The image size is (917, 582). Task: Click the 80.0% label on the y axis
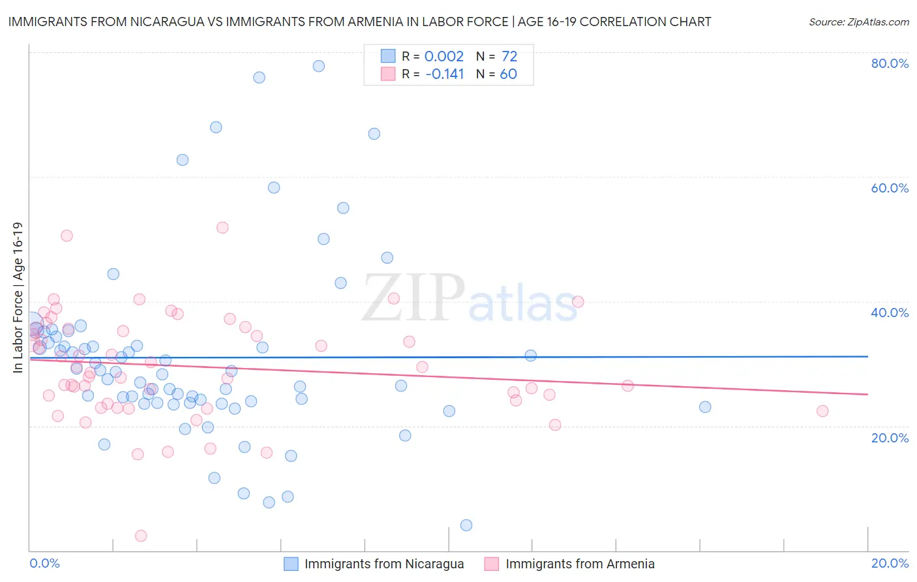890,63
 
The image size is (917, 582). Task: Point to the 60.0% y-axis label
890,188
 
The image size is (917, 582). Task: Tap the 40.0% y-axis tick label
890,313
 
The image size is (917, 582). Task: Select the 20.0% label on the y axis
890,437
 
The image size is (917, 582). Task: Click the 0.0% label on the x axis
44,563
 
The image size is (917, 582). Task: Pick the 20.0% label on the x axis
890,563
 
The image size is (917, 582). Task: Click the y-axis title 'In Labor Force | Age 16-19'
18,298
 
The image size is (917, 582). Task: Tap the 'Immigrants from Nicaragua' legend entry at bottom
383,564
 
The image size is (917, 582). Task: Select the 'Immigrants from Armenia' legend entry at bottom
579,564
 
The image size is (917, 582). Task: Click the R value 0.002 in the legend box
443,57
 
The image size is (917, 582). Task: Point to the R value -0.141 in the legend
444,74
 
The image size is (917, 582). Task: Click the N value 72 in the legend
509,57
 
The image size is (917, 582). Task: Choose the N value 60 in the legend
508,74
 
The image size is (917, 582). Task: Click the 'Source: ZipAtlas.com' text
858,22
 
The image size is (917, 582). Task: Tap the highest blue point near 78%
319,66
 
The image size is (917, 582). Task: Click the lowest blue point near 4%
466,525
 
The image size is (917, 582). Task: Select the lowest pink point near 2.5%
141,536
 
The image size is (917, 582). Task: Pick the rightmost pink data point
822,411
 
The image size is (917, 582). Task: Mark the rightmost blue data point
705,407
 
